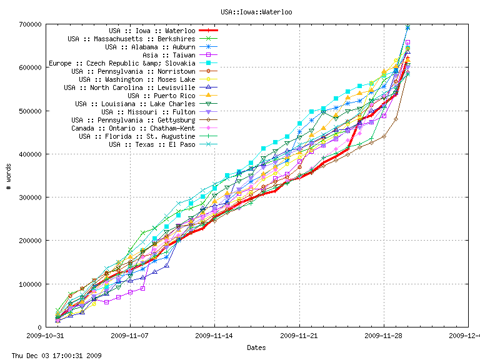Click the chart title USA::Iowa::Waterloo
tap(256, 12)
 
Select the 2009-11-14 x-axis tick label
tap(214, 336)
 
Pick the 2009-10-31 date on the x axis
tap(45, 336)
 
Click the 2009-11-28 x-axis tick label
tap(384, 336)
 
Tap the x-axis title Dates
tap(256, 347)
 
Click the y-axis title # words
tap(9, 176)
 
